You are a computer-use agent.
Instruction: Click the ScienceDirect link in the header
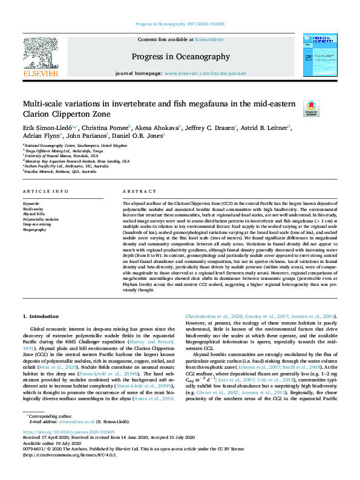pos(208,39)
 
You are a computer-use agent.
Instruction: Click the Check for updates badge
pos(310,108)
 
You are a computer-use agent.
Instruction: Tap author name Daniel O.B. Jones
pos(140,136)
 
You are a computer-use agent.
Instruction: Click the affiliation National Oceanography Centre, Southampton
pos(76,146)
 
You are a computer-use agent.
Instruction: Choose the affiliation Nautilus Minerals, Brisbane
pos(61,172)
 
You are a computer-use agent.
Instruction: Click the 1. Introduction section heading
pos(41,316)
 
